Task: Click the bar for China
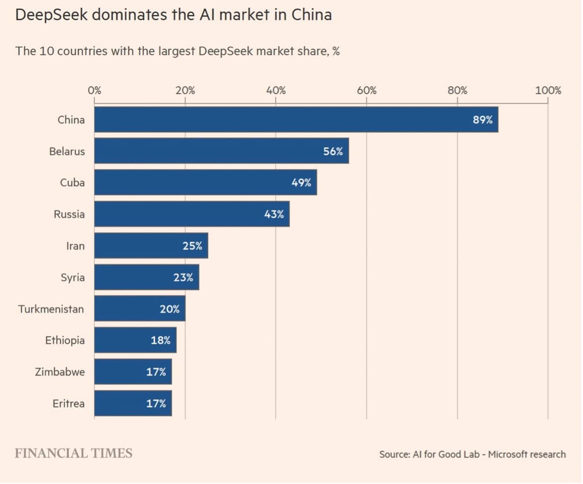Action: [x=295, y=120]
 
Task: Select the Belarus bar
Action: [x=221, y=151]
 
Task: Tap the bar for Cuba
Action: [x=205, y=183]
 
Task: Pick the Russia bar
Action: [x=192, y=214]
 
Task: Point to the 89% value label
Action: [x=483, y=120]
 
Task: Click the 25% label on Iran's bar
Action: [x=192, y=246]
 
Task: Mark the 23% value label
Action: [x=183, y=277]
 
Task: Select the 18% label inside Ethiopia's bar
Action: [x=160, y=340]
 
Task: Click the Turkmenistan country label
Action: [x=51, y=309]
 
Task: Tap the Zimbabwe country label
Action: [x=60, y=372]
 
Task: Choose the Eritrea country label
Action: [x=68, y=404]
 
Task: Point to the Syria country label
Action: [x=73, y=277]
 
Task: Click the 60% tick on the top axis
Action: [x=367, y=90]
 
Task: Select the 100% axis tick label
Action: [x=548, y=90]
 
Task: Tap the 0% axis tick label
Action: [x=94, y=90]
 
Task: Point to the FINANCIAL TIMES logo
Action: [x=73, y=453]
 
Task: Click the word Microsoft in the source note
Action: [x=512, y=454]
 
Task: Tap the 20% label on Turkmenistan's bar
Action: [x=170, y=309]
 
